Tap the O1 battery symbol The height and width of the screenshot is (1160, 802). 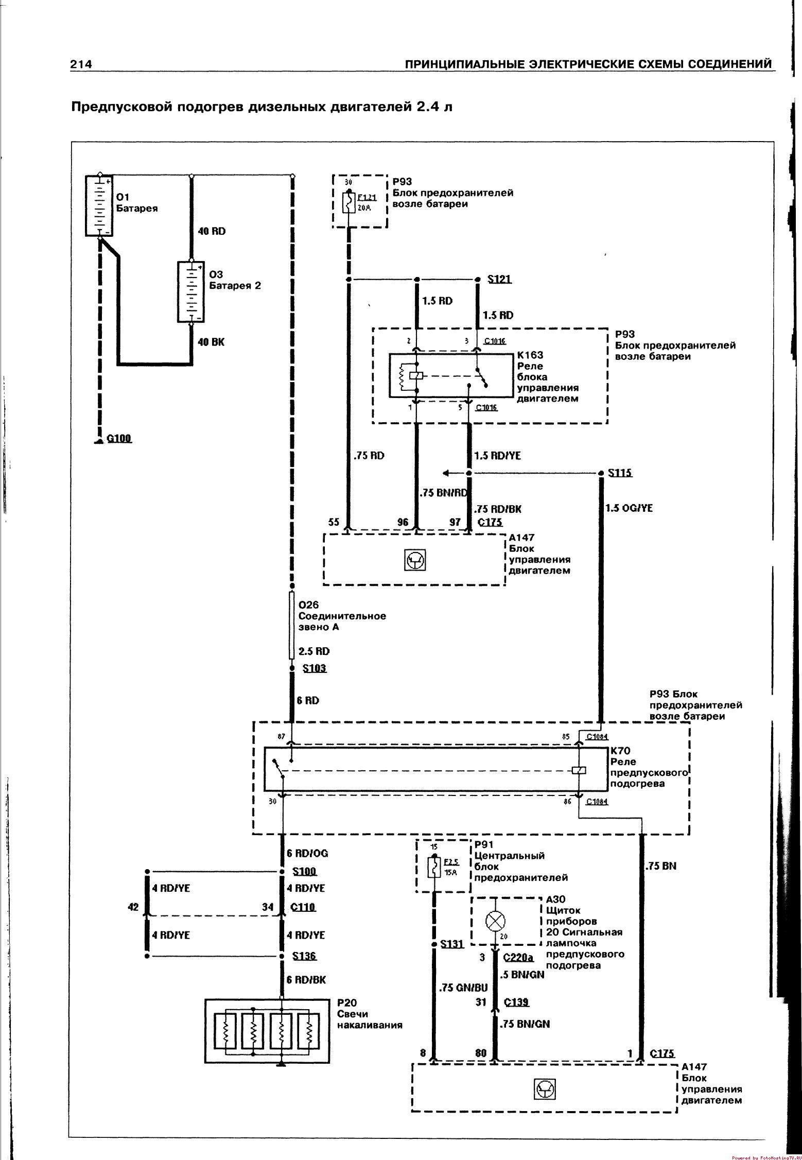pos(99,205)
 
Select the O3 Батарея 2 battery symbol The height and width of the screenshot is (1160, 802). pos(191,292)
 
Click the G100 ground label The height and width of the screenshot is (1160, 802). pos(119,438)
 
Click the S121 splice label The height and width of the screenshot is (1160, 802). pos(499,279)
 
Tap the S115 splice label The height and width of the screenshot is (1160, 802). pos(619,473)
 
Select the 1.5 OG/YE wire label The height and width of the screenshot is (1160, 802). pos(629,508)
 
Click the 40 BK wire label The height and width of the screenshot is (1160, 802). pos(211,342)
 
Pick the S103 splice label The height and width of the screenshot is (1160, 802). pos(314,668)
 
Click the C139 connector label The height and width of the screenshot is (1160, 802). pos(516,1002)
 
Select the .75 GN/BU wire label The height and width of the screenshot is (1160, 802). pos(463,988)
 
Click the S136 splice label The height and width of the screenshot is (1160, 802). pos(304,956)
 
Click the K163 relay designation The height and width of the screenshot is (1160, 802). pos(530,355)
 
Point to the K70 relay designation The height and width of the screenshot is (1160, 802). pos(620,751)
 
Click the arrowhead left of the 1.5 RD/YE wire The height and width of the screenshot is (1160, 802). pos(446,473)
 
